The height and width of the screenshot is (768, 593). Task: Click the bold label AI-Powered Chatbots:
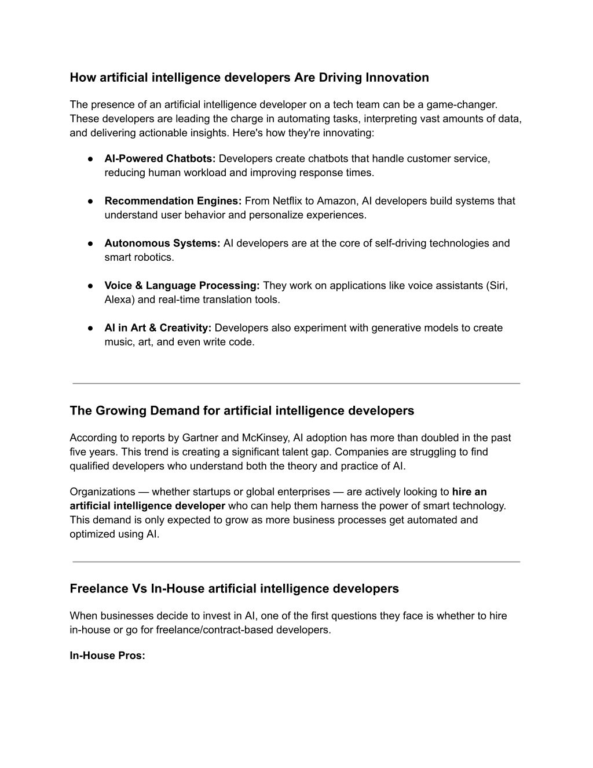point(160,159)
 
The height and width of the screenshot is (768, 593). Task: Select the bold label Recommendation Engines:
point(173,201)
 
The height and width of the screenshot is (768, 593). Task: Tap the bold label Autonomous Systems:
point(162,243)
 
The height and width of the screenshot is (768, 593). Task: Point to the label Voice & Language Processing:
point(182,286)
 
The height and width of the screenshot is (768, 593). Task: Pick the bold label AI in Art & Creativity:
point(158,328)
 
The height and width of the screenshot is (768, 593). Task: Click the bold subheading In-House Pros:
point(107,656)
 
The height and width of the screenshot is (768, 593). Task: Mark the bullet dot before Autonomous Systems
point(91,243)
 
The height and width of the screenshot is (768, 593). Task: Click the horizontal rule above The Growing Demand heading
point(296,383)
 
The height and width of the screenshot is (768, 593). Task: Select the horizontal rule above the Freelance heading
point(296,562)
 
